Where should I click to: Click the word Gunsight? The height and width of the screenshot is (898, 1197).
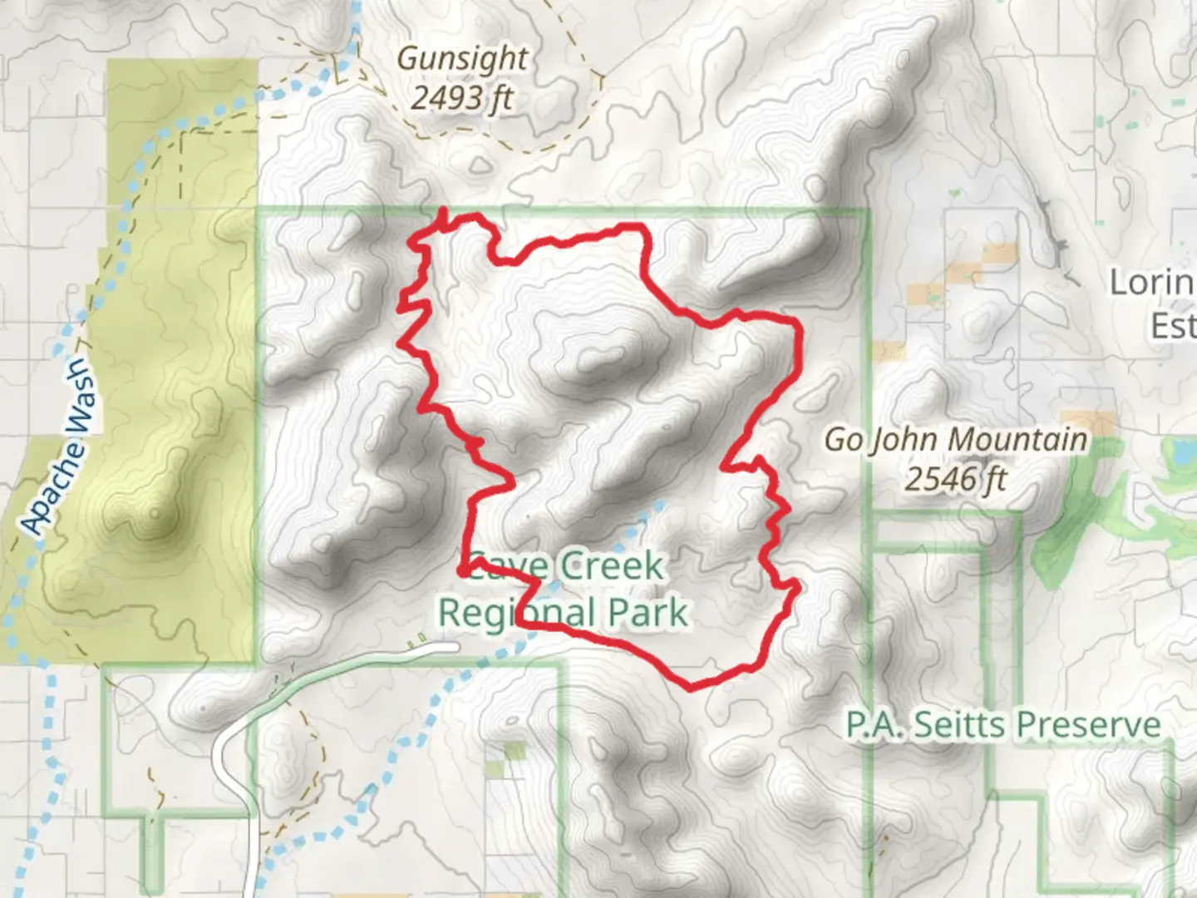[462, 58]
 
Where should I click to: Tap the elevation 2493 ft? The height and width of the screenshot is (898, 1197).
[462, 99]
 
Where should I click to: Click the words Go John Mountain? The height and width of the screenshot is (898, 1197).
[955, 439]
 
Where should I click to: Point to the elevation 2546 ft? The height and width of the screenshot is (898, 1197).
[955, 479]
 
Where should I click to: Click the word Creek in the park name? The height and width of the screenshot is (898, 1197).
[612, 567]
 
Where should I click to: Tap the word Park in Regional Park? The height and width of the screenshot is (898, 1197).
[648, 614]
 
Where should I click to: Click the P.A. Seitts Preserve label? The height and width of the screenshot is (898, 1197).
[1003, 725]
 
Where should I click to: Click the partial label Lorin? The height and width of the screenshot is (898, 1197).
[1152, 283]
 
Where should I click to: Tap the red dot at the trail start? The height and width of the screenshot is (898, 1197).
[462, 570]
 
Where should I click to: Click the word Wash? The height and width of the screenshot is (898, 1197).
[79, 398]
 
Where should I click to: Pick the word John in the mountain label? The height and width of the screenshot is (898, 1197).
[904, 440]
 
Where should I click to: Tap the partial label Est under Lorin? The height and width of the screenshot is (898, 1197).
[1173, 325]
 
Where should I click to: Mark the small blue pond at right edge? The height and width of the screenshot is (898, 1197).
[1180, 452]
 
